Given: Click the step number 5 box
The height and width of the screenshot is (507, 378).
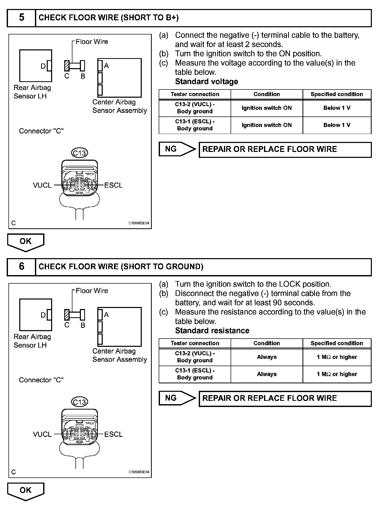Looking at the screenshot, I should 21,18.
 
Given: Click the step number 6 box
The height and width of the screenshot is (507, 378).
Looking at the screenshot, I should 21,267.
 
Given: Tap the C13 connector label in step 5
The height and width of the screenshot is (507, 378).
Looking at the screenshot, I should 79,153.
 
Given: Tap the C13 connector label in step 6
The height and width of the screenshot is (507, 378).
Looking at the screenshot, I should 79,402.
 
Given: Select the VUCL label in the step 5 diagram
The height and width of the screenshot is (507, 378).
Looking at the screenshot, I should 42,185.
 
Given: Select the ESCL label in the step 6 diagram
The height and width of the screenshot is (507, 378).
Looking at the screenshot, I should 113,434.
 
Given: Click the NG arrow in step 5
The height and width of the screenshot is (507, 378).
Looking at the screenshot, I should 177,149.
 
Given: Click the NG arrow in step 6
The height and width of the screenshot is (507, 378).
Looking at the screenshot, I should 177,398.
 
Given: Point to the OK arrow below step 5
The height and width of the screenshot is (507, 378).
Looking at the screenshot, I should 26,242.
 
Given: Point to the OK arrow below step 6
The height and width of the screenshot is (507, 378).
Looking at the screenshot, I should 26,491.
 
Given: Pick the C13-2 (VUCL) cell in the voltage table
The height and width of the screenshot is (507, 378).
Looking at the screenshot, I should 195,108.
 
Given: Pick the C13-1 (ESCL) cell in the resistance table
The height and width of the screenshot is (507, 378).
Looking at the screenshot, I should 195,374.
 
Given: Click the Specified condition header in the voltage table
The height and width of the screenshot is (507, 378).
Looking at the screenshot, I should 337,94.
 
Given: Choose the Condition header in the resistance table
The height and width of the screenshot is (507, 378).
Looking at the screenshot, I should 267,343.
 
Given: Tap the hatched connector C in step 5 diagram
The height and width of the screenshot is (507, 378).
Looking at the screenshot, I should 67,66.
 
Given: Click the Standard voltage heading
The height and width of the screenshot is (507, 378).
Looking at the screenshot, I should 206,82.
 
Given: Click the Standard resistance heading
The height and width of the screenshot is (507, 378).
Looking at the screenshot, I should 212,331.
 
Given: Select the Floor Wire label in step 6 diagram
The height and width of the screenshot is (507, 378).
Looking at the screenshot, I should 92,291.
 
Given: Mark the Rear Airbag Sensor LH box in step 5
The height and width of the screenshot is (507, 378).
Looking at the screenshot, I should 35,66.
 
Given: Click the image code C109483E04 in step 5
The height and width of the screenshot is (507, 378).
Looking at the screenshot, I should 139,223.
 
